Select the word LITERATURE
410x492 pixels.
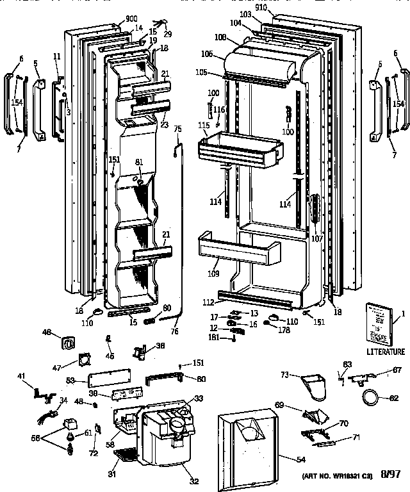pyautogui.click(x=385, y=351)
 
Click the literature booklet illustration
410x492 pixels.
pyautogui.click(x=379, y=323)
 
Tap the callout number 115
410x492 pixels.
pyautogui.click(x=204, y=124)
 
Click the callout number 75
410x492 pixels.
pyautogui.click(x=178, y=129)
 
